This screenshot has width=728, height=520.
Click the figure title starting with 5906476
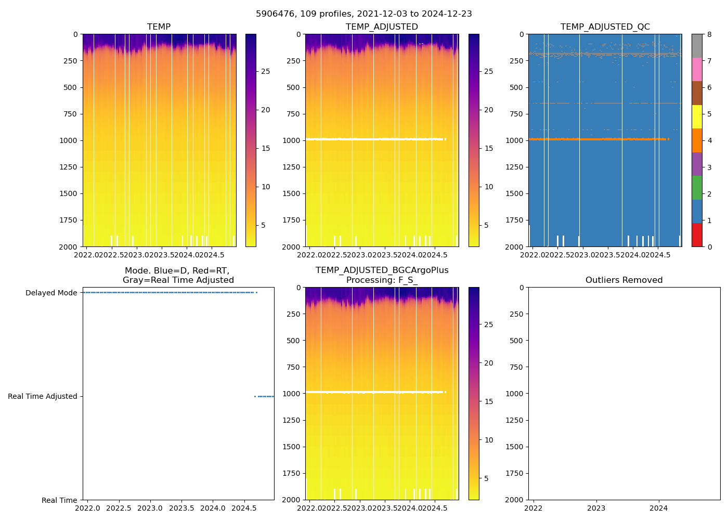pos(363,14)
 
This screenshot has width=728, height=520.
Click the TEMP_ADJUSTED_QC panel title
pos(605,27)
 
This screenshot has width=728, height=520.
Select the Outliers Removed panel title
pos(623,280)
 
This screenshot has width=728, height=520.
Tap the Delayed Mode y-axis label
pos(51,293)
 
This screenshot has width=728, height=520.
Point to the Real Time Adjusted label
pos(42,396)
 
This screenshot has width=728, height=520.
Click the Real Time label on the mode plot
pos(59,500)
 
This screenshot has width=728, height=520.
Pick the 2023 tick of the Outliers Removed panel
pos(596,508)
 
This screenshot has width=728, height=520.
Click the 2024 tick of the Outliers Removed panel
pos(658,508)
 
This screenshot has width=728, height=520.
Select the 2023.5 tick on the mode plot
pos(181,508)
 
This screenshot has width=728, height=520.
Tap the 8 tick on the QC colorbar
pos(710,34)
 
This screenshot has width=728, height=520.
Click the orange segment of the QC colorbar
pos(697,140)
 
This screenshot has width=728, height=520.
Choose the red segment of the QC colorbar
pos(697,235)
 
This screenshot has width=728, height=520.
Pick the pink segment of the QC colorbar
pos(697,69)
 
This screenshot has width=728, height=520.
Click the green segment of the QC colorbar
pos(697,187)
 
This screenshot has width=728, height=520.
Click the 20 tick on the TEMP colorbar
pos(265,110)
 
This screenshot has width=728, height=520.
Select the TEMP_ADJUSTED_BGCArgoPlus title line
pos(382,270)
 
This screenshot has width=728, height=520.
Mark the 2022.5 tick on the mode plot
pos(120,508)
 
